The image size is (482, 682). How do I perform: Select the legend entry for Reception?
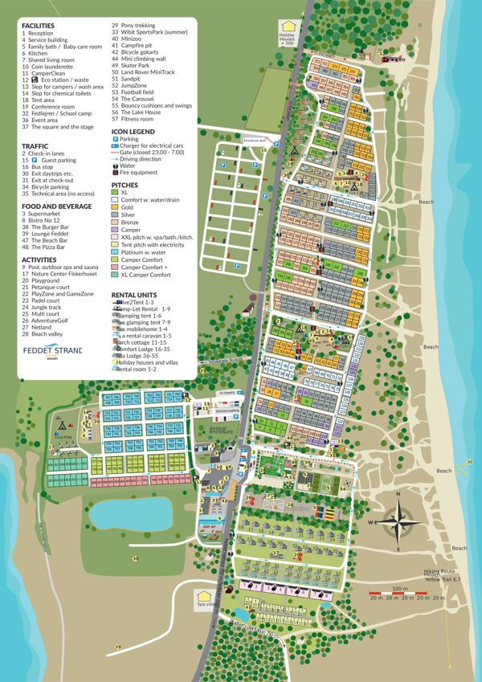(41, 33)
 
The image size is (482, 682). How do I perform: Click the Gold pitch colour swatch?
(115, 207)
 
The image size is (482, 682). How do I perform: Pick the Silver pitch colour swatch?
(115, 214)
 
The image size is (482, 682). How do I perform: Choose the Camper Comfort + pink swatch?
(115, 267)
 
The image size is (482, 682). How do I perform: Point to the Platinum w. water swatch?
(115, 252)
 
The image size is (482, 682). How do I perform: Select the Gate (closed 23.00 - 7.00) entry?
(152, 152)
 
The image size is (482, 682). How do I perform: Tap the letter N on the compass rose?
(397, 494)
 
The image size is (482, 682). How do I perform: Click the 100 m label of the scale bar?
(394, 590)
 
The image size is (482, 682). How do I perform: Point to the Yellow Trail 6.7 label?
(444, 579)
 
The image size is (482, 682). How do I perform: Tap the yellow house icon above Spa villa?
(202, 597)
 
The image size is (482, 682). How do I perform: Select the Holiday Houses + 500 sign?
(287, 33)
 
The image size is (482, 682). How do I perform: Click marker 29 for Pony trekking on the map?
(118, 647)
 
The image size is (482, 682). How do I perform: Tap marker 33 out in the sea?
(469, 461)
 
